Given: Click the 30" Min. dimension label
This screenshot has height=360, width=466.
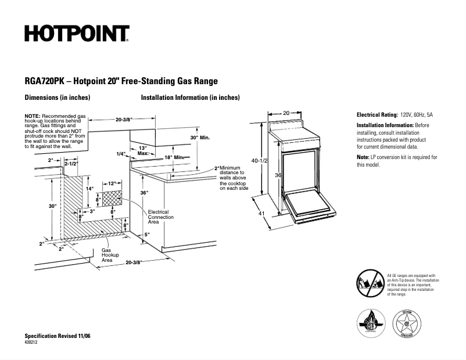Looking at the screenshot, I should (x=199, y=138).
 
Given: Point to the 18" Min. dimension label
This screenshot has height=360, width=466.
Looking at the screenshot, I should (x=174, y=157).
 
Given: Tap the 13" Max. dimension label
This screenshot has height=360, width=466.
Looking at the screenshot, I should (x=144, y=151).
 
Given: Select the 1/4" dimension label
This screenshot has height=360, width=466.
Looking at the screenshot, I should (x=121, y=154).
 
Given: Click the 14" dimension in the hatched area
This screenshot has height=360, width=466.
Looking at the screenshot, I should (x=89, y=189).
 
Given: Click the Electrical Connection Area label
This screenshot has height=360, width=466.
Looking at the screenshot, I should (x=158, y=217).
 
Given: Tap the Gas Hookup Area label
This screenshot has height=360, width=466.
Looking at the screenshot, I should (x=110, y=255).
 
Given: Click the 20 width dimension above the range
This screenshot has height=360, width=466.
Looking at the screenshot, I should (x=286, y=113).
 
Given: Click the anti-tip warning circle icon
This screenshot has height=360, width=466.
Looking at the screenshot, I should (x=370, y=283).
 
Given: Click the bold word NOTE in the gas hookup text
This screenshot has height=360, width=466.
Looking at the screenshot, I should (x=32, y=116).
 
